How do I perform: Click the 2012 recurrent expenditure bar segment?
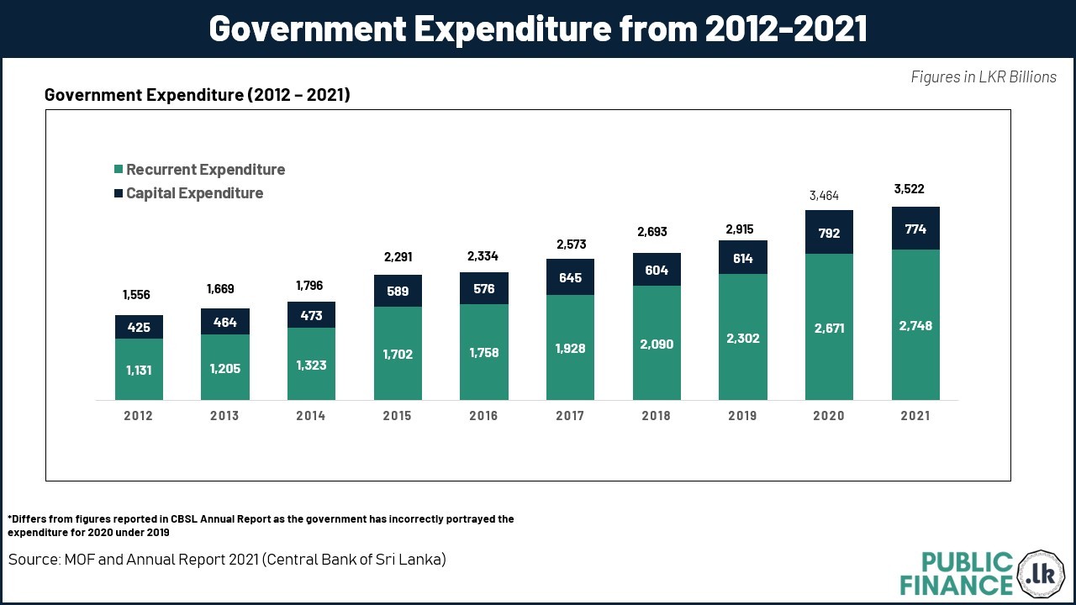coord(139,370)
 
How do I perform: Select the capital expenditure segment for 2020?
coord(829,232)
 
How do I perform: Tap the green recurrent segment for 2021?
coord(915,325)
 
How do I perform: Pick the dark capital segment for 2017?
coord(570,276)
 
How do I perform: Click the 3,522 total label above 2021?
coord(909,189)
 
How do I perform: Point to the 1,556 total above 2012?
coord(137,295)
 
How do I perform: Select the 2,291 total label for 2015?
coord(398,257)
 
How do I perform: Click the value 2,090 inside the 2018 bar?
coord(657,344)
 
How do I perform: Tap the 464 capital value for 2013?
coord(224,322)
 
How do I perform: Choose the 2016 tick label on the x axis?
coord(483,416)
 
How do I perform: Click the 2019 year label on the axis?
coord(742,416)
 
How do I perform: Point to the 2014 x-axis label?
coord(311,416)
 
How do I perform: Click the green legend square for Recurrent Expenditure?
coord(119,170)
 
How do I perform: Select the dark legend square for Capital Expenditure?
coord(119,193)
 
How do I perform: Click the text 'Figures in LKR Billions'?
coord(984,77)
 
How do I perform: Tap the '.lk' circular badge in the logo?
coord(1041,574)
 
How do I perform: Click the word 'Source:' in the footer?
coord(34,560)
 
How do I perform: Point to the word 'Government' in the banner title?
coord(305,29)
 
